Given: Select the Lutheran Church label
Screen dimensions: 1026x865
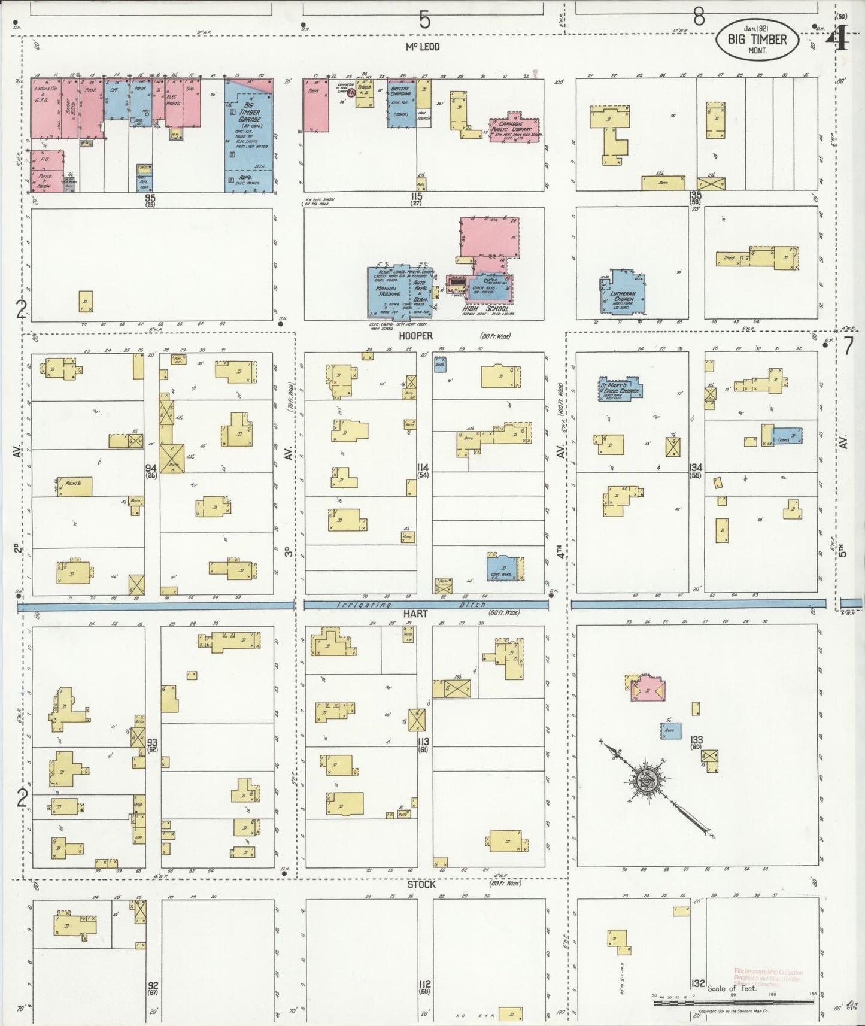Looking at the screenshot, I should (623, 296).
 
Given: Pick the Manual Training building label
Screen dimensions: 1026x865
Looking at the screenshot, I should (388, 291).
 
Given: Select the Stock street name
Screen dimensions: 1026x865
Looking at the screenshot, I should (421, 884).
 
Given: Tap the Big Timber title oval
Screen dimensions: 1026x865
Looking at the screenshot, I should (757, 40).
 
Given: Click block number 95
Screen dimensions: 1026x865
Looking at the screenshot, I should (149, 197).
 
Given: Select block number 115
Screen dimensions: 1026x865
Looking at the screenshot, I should (416, 197).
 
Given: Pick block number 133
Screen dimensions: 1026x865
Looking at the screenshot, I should (696, 740).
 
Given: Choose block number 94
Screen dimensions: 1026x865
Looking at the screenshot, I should (151, 468).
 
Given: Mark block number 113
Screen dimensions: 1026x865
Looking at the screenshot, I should (424, 742).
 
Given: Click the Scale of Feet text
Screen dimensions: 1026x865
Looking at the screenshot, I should (732, 988).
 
